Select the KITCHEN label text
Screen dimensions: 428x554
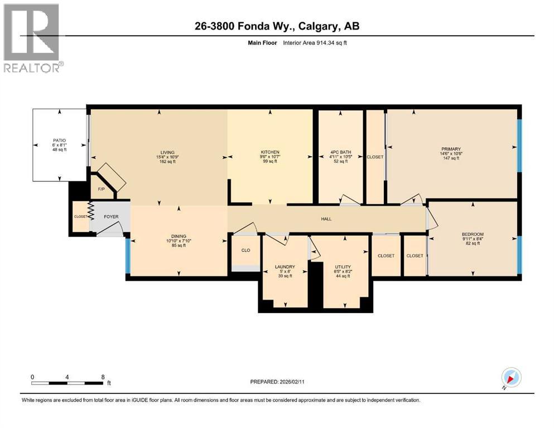(x=270, y=152)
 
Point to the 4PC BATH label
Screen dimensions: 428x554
(x=340, y=152)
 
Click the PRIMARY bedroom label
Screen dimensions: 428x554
(x=451, y=149)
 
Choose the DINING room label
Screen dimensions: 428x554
(x=179, y=236)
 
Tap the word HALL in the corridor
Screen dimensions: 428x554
(x=326, y=219)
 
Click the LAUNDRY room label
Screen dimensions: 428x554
(x=285, y=267)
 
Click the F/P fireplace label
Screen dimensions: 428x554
(x=101, y=189)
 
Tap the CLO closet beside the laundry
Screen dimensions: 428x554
(x=245, y=250)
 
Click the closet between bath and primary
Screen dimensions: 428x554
(x=375, y=157)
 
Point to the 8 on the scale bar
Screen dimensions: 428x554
(x=103, y=377)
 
